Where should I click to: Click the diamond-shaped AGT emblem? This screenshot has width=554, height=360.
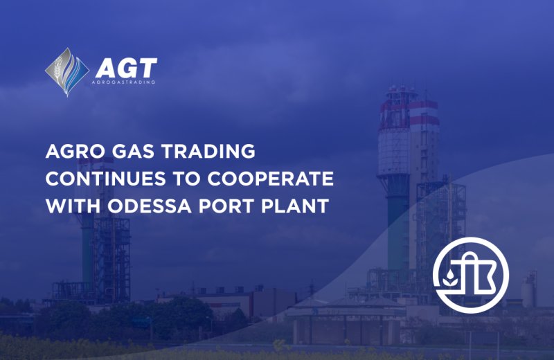click(67, 72)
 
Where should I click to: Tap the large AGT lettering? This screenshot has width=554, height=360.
click(126, 68)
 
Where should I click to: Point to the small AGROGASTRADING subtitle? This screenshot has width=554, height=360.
click(123, 82)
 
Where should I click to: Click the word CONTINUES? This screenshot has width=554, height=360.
click(106, 179)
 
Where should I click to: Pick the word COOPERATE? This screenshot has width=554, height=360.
click(270, 179)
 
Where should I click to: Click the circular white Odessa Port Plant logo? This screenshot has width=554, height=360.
click(471, 276)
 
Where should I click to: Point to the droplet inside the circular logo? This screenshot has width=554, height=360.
click(449, 274)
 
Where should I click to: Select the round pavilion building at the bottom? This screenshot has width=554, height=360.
click(346, 321)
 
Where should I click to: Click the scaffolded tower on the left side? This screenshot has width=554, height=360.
click(105, 247)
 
